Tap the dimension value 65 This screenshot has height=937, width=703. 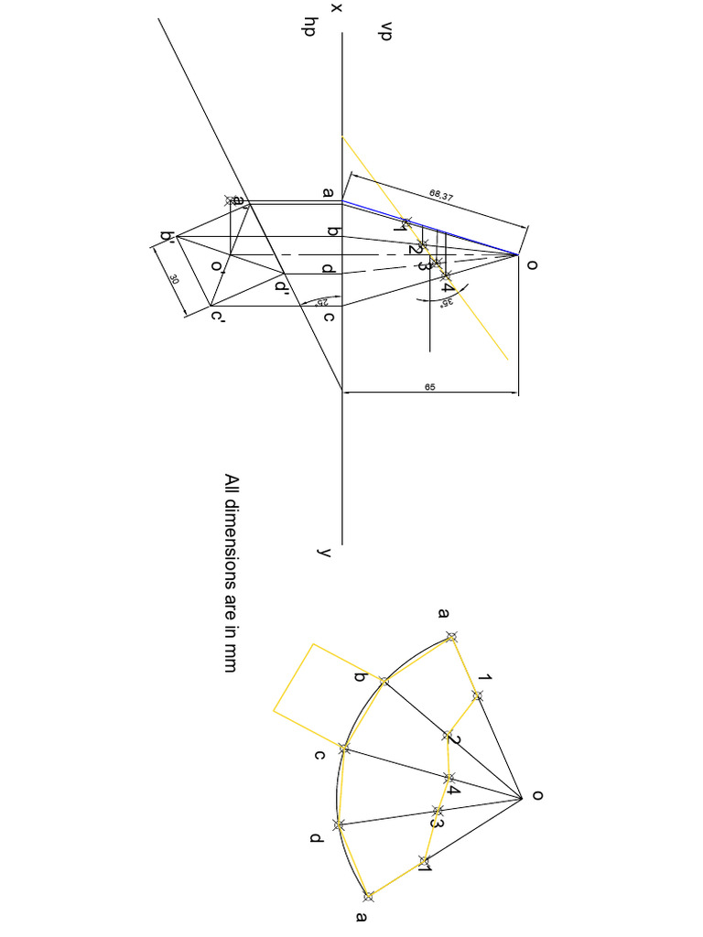430,387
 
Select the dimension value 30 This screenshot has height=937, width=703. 174,279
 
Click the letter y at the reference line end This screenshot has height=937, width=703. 323,552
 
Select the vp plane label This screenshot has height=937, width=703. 373,38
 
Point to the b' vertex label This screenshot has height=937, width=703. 168,238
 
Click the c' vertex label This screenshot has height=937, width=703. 217,318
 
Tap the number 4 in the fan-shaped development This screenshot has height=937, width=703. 453,785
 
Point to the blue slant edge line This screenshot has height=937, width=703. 430,227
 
